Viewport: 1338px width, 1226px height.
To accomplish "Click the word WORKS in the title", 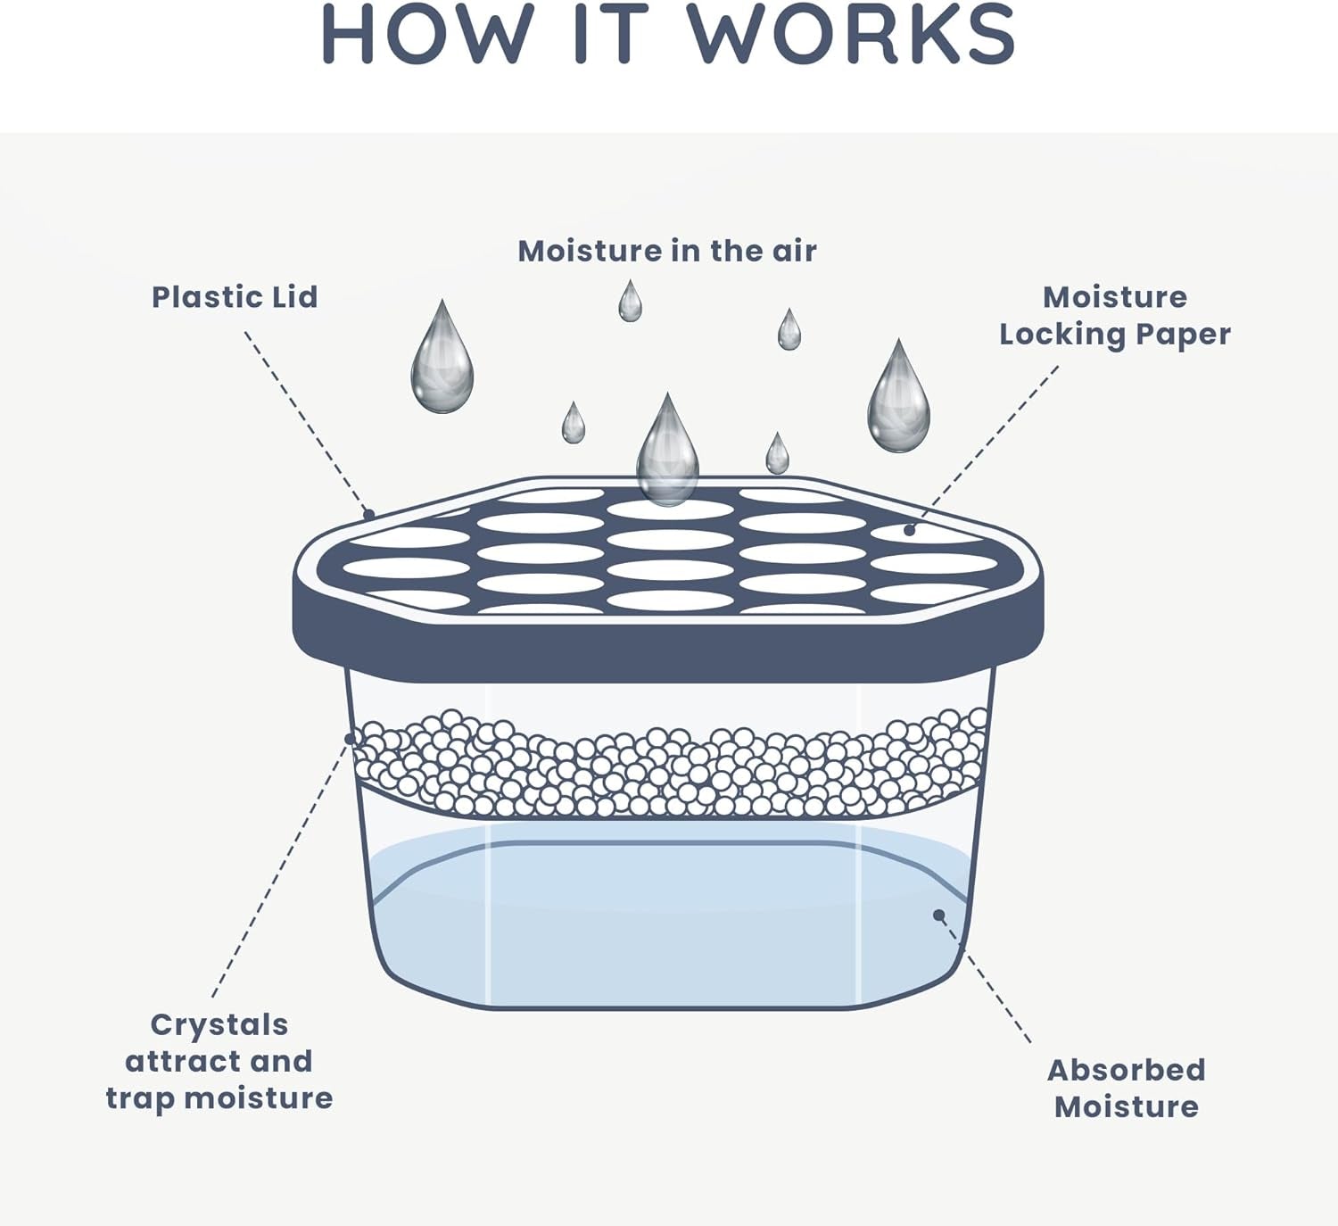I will [x=851, y=35].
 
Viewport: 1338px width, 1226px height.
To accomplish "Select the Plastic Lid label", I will [x=235, y=297].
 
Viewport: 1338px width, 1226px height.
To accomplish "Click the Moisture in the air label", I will [x=667, y=251].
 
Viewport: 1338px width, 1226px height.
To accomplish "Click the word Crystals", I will [x=219, y=1024].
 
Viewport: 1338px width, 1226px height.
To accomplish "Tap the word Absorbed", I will [x=1126, y=1069].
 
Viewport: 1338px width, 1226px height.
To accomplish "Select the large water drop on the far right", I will [x=898, y=402].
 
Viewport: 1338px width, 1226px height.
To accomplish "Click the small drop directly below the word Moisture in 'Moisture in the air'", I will [x=630, y=303].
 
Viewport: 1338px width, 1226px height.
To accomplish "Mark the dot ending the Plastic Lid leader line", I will [x=368, y=515].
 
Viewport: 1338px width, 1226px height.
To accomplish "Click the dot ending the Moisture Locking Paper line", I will [x=909, y=530].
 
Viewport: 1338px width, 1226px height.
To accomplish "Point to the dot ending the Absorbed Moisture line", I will [x=938, y=915].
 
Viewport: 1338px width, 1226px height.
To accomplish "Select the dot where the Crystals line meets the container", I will [x=350, y=739].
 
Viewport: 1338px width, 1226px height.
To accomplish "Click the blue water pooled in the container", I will [x=669, y=928].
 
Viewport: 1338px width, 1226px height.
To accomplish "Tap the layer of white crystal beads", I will [x=669, y=767].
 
